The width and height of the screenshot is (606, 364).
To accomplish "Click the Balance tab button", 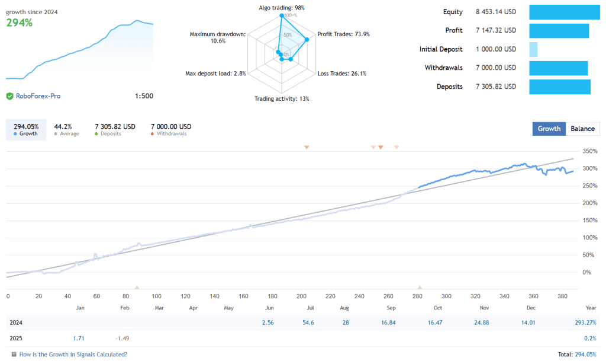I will [582, 129].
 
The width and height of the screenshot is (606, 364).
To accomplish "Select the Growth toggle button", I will [549, 129].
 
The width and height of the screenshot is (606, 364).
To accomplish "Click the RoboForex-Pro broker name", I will [38, 96].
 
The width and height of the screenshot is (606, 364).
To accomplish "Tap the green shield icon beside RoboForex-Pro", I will [9, 96].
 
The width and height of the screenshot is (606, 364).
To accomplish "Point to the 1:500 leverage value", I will [144, 96].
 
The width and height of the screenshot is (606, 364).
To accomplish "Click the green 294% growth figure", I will [20, 23].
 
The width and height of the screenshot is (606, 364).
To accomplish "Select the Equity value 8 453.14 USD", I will [495, 12].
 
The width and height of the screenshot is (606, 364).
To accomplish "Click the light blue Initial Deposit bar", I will [533, 49].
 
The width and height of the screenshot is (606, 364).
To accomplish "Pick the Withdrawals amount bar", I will [558, 68].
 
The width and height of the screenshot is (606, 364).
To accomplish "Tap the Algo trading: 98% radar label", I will [282, 8].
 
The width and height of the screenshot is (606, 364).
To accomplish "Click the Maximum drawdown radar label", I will [217, 37].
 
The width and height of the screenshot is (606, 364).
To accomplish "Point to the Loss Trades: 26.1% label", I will [342, 74].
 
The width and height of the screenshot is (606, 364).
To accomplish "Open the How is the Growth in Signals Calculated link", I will [73, 355].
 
